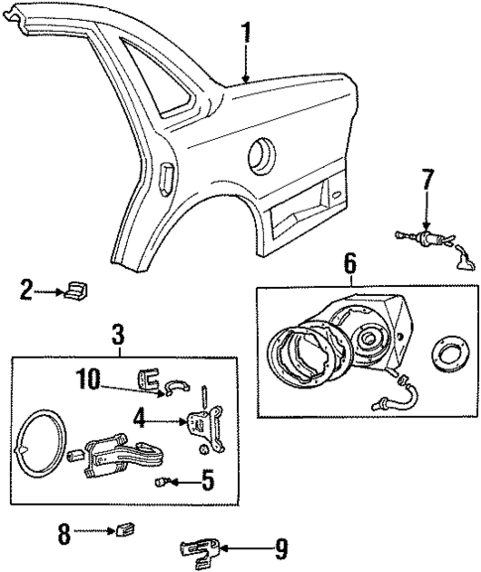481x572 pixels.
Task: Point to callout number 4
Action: [140, 420]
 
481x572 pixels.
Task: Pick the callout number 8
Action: [64, 533]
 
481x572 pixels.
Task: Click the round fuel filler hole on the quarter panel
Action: [262, 154]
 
